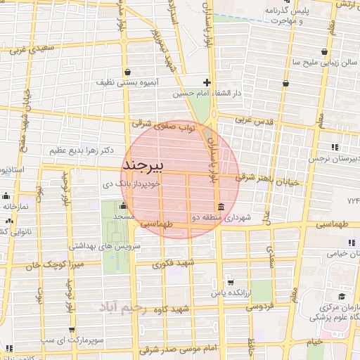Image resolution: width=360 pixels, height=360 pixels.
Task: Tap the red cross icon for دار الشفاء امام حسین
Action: pyautogui.click(x=206, y=82)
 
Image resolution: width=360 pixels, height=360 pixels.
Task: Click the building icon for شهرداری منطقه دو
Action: pyautogui.click(x=221, y=206)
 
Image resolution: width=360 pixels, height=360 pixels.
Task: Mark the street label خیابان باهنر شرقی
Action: pyautogui.click(x=269, y=180)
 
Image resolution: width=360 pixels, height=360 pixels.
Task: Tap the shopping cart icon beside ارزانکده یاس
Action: pyautogui.click(x=230, y=281)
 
